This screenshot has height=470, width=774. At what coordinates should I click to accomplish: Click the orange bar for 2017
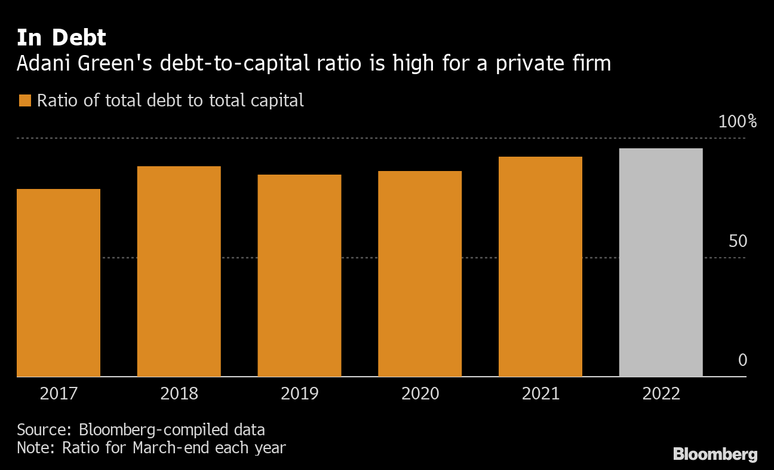click(x=59, y=282)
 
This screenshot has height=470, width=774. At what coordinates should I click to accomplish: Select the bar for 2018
click(x=179, y=271)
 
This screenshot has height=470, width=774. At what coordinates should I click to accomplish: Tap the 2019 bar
click(x=299, y=275)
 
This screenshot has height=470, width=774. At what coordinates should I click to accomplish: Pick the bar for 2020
click(x=420, y=273)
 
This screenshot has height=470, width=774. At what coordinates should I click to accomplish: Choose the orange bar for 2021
click(x=540, y=266)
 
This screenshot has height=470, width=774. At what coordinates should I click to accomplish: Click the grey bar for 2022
click(x=661, y=262)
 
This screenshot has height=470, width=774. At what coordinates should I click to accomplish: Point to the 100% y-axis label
click(x=738, y=122)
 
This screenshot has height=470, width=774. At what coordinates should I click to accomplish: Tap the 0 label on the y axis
click(x=742, y=361)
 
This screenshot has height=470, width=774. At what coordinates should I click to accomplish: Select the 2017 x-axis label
click(x=59, y=393)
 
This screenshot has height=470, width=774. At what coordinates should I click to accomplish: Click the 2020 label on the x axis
click(x=420, y=393)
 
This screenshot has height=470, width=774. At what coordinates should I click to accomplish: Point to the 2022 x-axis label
click(x=661, y=393)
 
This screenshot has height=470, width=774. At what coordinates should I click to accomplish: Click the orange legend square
click(x=24, y=100)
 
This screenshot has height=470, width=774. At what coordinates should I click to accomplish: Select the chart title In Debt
click(x=62, y=38)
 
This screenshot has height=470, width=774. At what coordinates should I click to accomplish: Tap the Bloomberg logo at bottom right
click(x=715, y=454)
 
